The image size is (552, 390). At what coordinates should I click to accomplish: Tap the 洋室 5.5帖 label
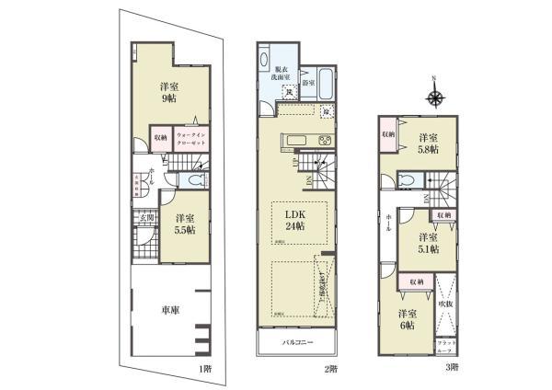pyautogui.click(x=185, y=224)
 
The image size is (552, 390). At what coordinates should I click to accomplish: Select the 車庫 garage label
pyautogui.click(x=169, y=310)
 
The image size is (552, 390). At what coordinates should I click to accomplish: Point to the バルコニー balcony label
pyautogui.click(x=298, y=346)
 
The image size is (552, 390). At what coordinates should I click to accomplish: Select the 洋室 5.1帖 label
pyautogui.click(x=426, y=242)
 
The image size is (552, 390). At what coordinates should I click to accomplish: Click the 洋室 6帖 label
pyautogui.click(x=408, y=319)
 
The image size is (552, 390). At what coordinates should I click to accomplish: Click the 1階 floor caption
pyautogui.click(x=205, y=369)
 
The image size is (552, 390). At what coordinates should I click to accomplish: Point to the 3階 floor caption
pyautogui.click(x=453, y=369)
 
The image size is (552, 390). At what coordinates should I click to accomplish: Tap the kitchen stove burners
pyautogui.click(x=325, y=141)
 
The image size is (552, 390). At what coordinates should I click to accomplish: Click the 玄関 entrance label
pyautogui.click(x=145, y=217)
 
